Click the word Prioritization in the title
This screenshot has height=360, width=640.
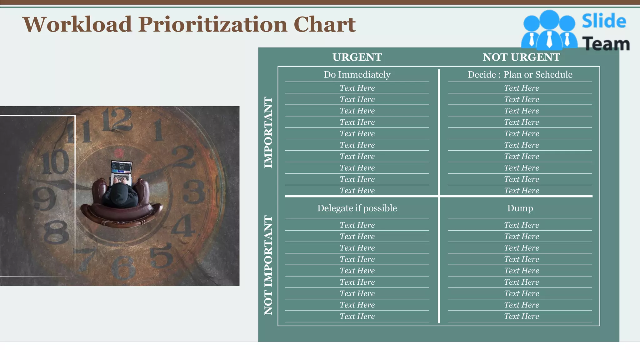click(x=212, y=24)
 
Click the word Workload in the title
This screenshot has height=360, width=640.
click(x=77, y=24)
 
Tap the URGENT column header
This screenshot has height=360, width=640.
click(x=357, y=57)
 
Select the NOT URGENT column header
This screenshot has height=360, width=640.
click(x=521, y=57)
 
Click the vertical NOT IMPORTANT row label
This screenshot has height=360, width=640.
click(x=268, y=265)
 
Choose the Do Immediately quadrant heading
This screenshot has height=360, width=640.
click(x=357, y=74)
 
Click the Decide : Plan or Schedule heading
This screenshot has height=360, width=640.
click(x=520, y=74)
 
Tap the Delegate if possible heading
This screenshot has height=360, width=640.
click(x=357, y=208)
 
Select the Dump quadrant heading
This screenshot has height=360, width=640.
click(x=520, y=208)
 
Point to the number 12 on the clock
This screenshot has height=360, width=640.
click(x=116, y=119)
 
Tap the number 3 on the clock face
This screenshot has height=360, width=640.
click(x=194, y=191)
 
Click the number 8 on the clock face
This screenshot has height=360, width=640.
click(x=57, y=232)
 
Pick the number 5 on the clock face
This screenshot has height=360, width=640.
click(x=161, y=256)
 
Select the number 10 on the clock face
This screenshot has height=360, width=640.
click(x=55, y=162)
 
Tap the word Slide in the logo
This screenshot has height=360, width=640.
click(x=604, y=21)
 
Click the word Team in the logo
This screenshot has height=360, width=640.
click(x=606, y=44)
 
